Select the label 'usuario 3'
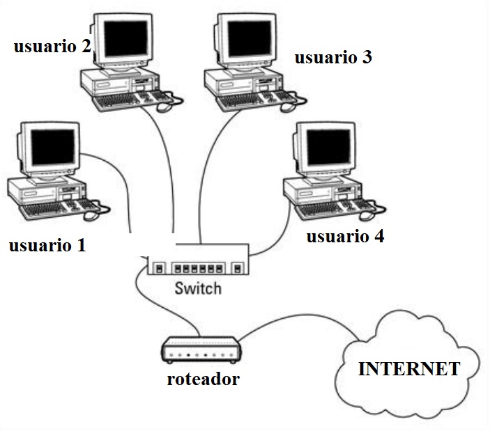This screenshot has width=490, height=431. pyautogui.click(x=332, y=57)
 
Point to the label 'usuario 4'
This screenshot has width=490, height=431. pyautogui.click(x=345, y=237)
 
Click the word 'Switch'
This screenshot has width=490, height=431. pyautogui.click(x=198, y=288)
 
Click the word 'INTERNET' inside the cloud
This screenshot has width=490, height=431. pyautogui.click(x=408, y=369)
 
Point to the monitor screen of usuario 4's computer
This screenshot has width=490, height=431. pyautogui.click(x=327, y=147)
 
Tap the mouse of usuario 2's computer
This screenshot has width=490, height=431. pyautogui.click(x=165, y=106)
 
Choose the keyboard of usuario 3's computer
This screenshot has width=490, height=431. pyautogui.click(x=247, y=102)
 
